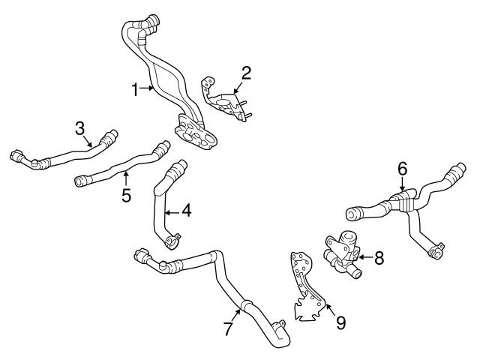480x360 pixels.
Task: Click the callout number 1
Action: point(136,90)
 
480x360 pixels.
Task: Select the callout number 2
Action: point(245,73)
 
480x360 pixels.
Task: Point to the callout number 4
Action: point(186,211)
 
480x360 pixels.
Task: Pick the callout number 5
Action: point(126,196)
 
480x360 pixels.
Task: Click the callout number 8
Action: point(379,259)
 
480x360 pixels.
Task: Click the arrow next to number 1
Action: point(148,90)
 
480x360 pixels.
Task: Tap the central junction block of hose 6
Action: point(403,199)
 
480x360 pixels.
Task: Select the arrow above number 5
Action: point(126,178)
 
